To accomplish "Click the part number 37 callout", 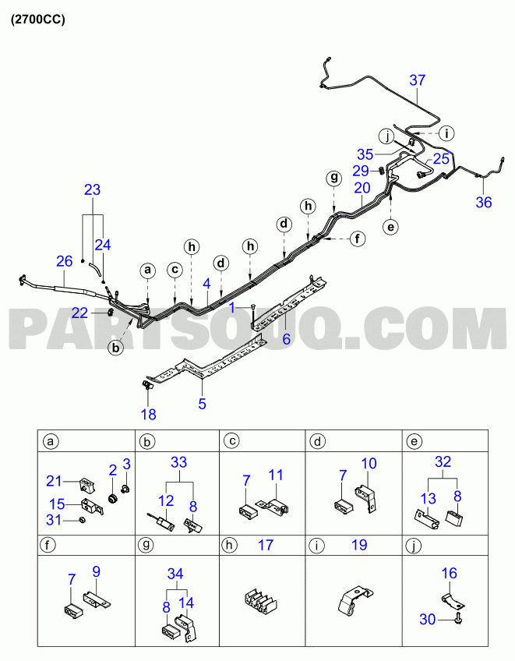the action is pyautogui.click(x=418, y=80).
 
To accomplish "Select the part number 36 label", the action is pyautogui.click(x=483, y=203).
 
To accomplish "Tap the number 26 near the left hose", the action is pyautogui.click(x=65, y=261).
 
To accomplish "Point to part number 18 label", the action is pyautogui.click(x=148, y=415).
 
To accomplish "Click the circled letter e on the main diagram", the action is pyautogui.click(x=390, y=227).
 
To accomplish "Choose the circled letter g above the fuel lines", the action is pyautogui.click(x=333, y=178).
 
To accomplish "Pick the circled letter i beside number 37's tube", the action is pyautogui.click(x=446, y=133).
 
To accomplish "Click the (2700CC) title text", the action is pyautogui.click(x=38, y=19).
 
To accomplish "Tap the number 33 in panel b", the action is pyautogui.click(x=178, y=462).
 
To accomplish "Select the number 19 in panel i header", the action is pyautogui.click(x=359, y=545).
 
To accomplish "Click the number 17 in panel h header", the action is pyautogui.click(x=266, y=545).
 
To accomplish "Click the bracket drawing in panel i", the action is pyautogui.click(x=355, y=599).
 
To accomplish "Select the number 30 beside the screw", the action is pyautogui.click(x=427, y=619).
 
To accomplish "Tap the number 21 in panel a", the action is pyautogui.click(x=54, y=481).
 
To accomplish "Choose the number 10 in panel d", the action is pyautogui.click(x=369, y=463).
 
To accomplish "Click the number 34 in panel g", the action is pyautogui.click(x=175, y=574).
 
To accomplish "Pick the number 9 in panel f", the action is pyautogui.click(x=96, y=571).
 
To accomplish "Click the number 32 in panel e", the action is pyautogui.click(x=443, y=461).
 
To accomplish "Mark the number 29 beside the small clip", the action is pyautogui.click(x=361, y=171).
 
